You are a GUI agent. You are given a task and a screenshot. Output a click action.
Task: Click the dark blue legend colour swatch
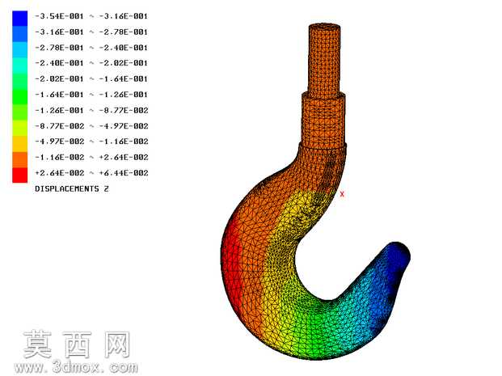(20, 19)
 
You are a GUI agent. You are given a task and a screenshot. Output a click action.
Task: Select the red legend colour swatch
(20, 175)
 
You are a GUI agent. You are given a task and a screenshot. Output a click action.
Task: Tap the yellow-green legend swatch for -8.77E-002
(20, 128)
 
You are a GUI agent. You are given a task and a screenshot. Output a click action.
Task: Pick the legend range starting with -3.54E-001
(91, 16)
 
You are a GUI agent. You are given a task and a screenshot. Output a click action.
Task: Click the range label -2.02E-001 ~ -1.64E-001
(91, 79)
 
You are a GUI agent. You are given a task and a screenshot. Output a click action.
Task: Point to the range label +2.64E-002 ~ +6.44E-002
(91, 173)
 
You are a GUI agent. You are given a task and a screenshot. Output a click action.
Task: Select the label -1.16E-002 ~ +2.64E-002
(91, 158)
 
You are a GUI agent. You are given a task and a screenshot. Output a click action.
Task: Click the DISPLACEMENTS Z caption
(72, 189)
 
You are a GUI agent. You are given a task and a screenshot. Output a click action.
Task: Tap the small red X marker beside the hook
(342, 194)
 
